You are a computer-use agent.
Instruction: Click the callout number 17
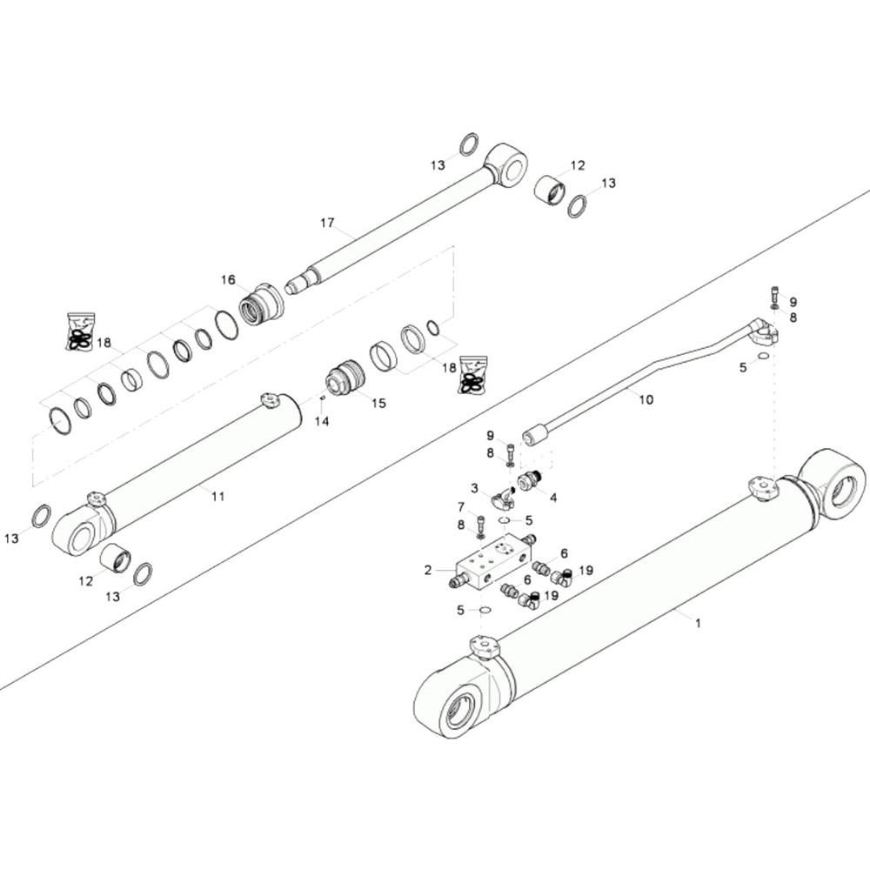pyautogui.click(x=327, y=223)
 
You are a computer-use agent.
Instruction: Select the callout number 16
pyautogui.click(x=228, y=279)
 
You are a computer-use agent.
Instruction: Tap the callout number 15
pyautogui.click(x=378, y=403)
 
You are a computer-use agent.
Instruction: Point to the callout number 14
pyautogui.click(x=322, y=422)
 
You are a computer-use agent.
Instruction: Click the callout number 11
pyautogui.click(x=218, y=496)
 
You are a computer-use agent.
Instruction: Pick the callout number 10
pyautogui.click(x=646, y=399)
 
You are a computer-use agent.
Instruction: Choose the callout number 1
pyautogui.click(x=698, y=623)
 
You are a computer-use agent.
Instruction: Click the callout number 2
pyautogui.click(x=428, y=570)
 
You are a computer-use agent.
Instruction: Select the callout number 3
pyautogui.click(x=474, y=488)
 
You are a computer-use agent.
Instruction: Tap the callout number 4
pyautogui.click(x=553, y=498)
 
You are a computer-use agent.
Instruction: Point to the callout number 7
pyautogui.click(x=461, y=506)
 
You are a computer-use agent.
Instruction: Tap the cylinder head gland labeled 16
pyautogui.click(x=261, y=304)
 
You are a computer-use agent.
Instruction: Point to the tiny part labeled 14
pyautogui.click(x=322, y=398)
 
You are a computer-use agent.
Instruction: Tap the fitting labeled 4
pyautogui.click(x=529, y=481)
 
